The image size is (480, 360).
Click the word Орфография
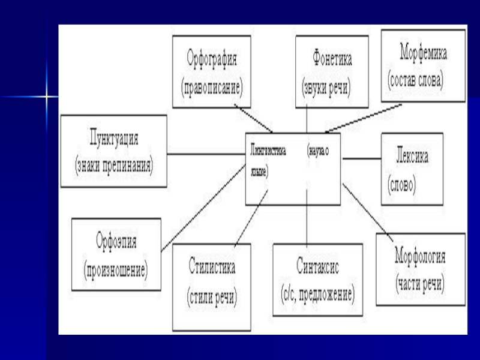(x=211, y=60)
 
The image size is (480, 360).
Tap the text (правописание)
(x=211, y=86)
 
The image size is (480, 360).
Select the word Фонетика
(x=332, y=60)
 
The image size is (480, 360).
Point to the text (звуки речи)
(x=326, y=86)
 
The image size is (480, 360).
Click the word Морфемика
(x=424, y=53)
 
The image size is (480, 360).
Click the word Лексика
(x=412, y=155)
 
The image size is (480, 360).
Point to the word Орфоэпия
(x=116, y=242)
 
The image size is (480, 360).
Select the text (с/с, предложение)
(x=317, y=294)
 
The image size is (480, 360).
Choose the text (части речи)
(x=420, y=283)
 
